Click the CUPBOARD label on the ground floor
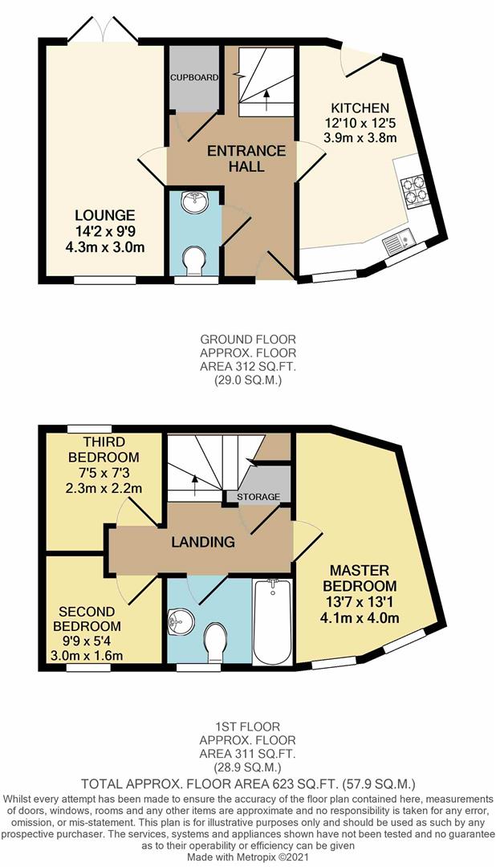(x=193, y=78)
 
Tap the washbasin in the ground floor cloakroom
(x=193, y=203)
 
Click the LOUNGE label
(x=105, y=215)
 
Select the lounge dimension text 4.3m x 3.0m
(x=105, y=247)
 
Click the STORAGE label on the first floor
(x=258, y=497)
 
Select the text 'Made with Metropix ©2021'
(x=248, y=856)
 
